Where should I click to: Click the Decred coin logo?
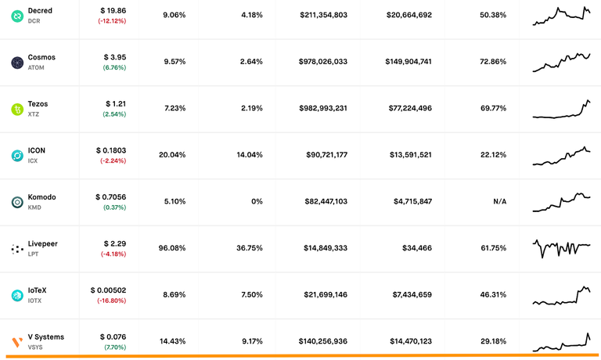tap(16, 15)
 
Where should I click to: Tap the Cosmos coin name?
tap(41, 57)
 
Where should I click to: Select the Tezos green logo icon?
tap(16, 109)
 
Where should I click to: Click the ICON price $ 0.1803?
tap(111, 149)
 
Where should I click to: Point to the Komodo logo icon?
tap(16, 202)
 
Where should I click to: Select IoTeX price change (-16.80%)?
tap(112, 301)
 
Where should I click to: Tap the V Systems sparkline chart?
tap(561, 342)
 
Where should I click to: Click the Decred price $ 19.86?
tap(112, 10)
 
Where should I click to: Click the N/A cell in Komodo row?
tap(499, 202)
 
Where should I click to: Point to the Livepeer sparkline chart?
tap(561, 248)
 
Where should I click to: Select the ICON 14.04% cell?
tap(250, 155)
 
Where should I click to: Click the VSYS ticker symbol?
tap(36, 347)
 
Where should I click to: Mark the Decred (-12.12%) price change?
tap(112, 20)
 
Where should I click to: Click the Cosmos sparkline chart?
tap(561, 62)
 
